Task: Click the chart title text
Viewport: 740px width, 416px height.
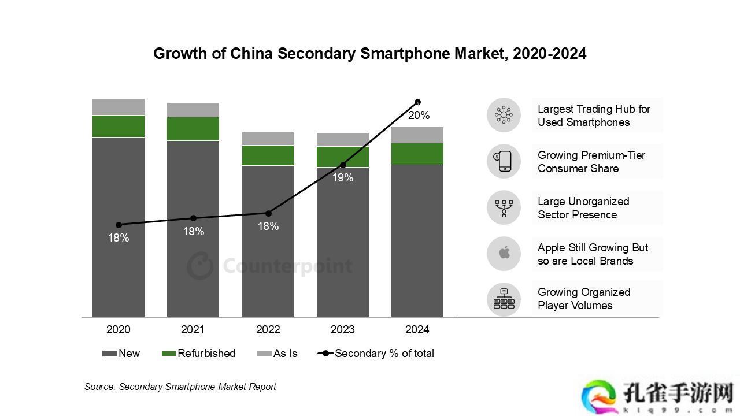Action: click(369, 54)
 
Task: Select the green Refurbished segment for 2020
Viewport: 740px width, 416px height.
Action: click(119, 126)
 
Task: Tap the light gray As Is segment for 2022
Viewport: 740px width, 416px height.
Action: click(268, 139)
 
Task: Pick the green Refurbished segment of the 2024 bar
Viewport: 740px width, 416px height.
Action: click(417, 154)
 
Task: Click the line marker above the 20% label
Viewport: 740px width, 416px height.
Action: click(417, 102)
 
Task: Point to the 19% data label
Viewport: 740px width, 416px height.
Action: click(343, 178)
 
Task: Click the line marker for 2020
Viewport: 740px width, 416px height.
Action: click(119, 225)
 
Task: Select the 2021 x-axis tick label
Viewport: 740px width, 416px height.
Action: click(193, 330)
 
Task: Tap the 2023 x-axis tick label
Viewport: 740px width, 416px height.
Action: click(342, 330)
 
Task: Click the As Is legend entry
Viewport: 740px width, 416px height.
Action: click(277, 354)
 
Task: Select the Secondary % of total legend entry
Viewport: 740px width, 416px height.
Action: click(376, 354)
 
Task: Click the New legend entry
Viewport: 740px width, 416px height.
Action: click(121, 354)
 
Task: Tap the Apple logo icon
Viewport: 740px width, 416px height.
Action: click(504, 253)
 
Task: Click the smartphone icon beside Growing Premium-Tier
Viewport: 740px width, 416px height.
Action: click(504, 161)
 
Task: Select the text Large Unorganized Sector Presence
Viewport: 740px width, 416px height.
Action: click(583, 208)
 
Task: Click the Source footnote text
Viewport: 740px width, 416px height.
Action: click(180, 387)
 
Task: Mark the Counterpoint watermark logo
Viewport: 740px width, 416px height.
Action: click(269, 266)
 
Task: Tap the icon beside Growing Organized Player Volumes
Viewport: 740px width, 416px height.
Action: click(504, 299)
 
